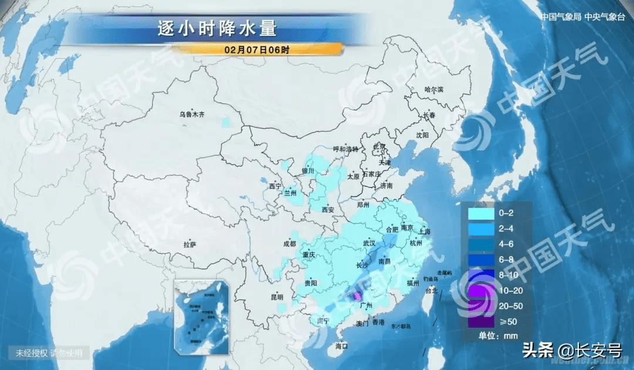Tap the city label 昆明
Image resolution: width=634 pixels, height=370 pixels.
[276, 297]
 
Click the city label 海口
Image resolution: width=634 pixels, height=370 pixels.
[342, 346]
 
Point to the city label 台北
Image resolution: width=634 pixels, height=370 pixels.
[431, 291]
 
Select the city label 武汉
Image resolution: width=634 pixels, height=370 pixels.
[369, 243]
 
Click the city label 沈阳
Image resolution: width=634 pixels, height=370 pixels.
[422, 135]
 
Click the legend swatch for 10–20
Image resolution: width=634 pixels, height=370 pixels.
[481, 291]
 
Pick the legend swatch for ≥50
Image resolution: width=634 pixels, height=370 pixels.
[481, 321]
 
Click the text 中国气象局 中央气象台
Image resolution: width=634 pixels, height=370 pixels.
[582, 17]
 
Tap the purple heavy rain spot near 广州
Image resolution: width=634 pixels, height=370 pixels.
[358, 297]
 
